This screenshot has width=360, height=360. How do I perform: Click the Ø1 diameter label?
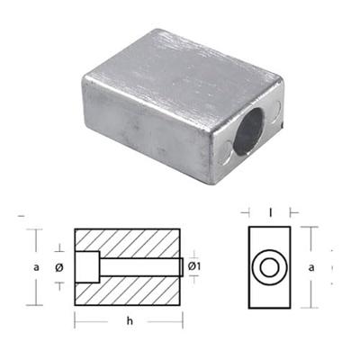[202, 267]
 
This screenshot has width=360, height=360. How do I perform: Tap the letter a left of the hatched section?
[37, 267]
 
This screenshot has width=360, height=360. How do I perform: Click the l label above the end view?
[269, 213]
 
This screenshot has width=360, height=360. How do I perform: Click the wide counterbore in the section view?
[86, 267]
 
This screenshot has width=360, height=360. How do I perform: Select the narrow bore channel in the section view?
[139, 267]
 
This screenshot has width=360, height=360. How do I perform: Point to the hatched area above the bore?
[135, 243]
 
